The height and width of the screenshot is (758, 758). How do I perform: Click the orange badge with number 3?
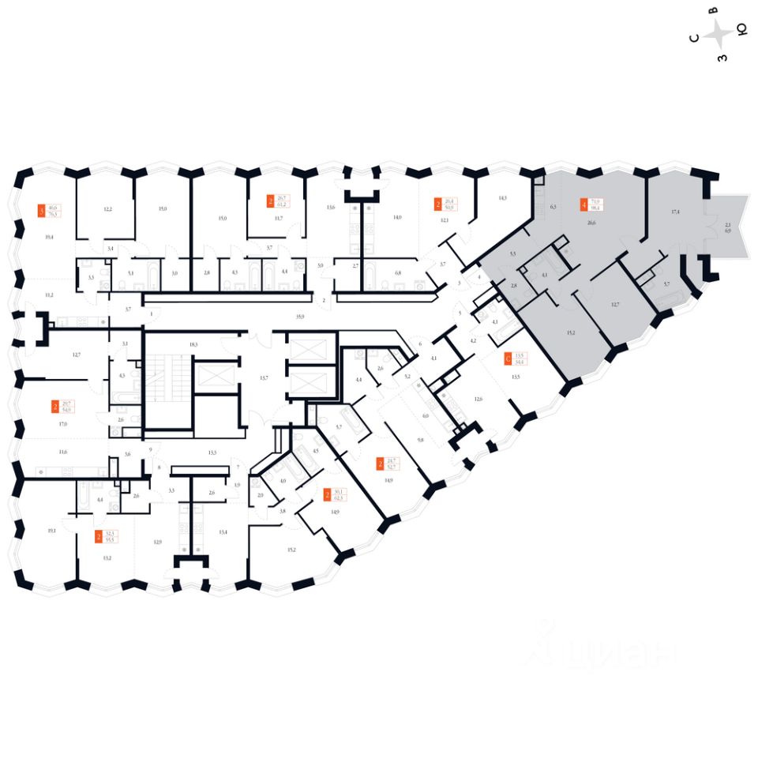tap(42, 211)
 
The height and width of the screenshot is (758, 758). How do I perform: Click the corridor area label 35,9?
tap(298, 316)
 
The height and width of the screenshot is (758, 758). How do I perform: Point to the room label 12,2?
tap(108, 209)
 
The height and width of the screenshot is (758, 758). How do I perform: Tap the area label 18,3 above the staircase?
tap(193, 345)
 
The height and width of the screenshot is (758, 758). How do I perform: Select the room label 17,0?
tap(62, 424)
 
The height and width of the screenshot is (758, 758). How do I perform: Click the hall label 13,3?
tap(212, 453)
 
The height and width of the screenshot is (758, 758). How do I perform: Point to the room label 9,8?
tap(421, 440)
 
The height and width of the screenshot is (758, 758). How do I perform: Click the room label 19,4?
tap(49, 236)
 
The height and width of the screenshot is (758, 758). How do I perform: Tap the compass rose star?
tap(719, 34)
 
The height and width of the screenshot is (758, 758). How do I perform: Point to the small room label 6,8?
tap(398, 273)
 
